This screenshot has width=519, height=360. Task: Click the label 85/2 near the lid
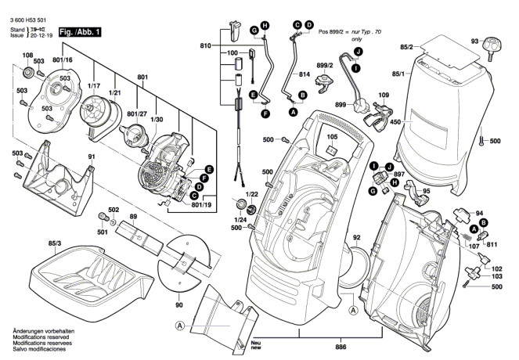(x=405, y=48)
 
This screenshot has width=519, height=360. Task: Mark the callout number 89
(x=134, y=216)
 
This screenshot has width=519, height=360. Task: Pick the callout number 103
(x=496, y=277)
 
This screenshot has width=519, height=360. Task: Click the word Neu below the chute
(x=256, y=342)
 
